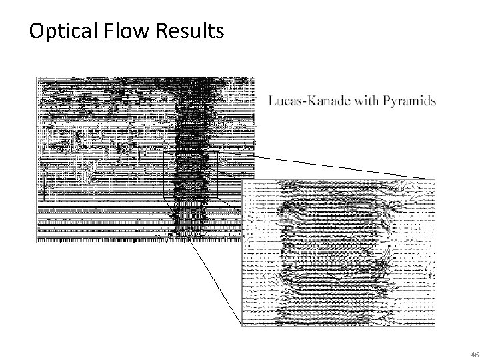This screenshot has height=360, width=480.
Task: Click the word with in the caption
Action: (365, 101)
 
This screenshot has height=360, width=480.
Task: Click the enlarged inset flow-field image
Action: (338, 253)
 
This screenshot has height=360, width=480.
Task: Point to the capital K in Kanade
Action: (311, 101)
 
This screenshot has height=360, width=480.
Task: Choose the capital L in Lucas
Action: (272, 101)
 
